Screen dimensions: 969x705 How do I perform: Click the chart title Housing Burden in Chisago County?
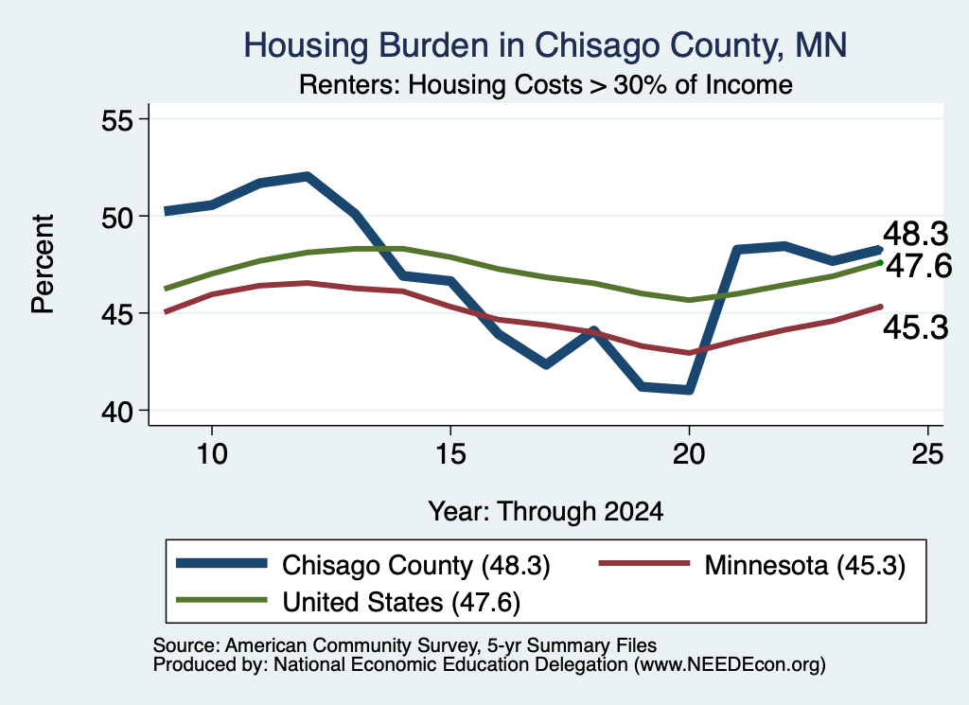coord(545,45)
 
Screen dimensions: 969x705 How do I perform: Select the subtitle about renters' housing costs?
coord(546,84)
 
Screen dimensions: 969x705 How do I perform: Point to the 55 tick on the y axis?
coord(116,120)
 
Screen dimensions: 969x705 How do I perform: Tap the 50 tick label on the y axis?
coord(116,217)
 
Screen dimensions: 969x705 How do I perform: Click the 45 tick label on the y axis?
coord(116,314)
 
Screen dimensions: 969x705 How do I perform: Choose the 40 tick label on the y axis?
coord(116,411)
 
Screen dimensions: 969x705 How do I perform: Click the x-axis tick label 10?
coord(212,454)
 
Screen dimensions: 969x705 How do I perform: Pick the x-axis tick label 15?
coord(450,454)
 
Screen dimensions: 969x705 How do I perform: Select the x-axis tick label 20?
coord(689,454)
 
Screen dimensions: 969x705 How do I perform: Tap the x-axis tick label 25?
coord(927,454)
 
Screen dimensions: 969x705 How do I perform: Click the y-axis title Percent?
coord(43,264)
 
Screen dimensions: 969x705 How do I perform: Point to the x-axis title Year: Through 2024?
coord(546,512)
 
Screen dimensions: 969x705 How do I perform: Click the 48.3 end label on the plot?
coord(915,234)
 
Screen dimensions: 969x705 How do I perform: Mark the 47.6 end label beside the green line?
coord(919,266)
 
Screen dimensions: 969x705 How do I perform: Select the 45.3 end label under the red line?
coord(915,326)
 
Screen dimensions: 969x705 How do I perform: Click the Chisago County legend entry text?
coord(416,565)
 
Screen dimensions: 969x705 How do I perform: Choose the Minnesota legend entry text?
coord(804,565)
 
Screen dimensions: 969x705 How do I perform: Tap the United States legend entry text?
coord(401,603)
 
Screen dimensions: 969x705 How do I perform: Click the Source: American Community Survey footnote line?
coord(405,645)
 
